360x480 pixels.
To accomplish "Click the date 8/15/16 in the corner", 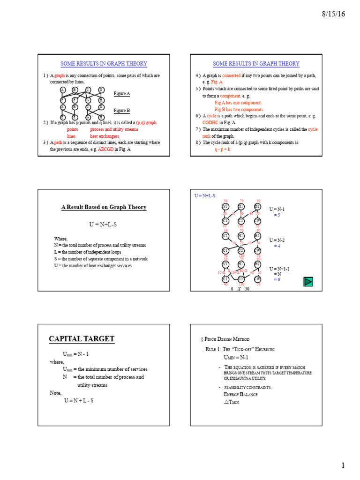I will click(x=333, y=14).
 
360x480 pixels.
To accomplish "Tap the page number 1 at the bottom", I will click(x=343, y=465).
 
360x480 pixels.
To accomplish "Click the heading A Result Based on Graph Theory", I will click(x=104, y=207).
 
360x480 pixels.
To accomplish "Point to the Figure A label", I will click(x=122, y=94).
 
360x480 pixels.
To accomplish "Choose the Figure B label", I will click(x=122, y=111).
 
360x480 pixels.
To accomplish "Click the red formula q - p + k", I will click(x=223, y=149).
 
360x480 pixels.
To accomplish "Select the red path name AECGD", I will click(x=105, y=149).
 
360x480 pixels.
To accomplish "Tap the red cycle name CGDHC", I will click(x=210, y=122).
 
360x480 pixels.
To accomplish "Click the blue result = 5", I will click(x=277, y=215).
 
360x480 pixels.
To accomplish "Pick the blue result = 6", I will click(x=277, y=279).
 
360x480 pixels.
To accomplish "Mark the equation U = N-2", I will click(x=277, y=240).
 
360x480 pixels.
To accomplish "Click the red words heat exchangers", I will click(x=105, y=136).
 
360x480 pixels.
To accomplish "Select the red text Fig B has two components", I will click(x=239, y=109).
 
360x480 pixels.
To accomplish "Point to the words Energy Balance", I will click(x=241, y=394).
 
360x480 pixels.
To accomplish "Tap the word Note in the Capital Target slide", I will click(x=56, y=393).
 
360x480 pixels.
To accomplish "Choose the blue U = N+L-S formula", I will click(x=205, y=195).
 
